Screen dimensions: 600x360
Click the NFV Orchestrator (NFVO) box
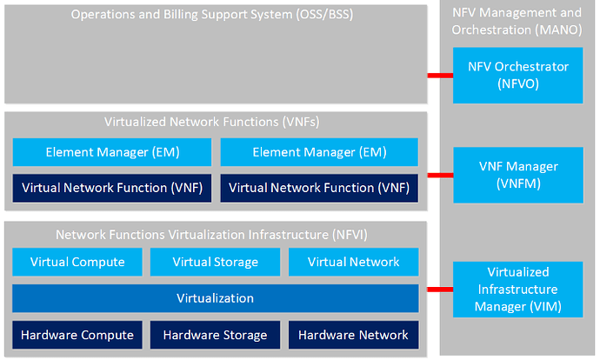click(517, 76)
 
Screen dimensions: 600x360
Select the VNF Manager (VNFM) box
click(518, 175)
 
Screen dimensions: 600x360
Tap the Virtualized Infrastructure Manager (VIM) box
click(517, 290)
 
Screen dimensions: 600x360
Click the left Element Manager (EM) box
click(111, 152)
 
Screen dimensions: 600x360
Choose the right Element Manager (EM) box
click(319, 152)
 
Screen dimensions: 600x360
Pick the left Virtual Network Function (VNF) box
click(111, 188)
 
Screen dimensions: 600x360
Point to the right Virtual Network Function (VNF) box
click(319, 188)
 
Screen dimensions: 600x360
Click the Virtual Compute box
click(77, 262)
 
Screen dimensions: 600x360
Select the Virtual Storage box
click(215, 262)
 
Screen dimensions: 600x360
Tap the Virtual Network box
click(354, 262)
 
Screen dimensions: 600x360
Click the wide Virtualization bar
click(216, 298)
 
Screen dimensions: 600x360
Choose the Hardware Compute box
click(77, 335)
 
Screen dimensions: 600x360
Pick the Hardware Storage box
click(215, 335)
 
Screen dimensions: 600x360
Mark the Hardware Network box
click(354, 335)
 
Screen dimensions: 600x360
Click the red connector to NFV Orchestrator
click(440, 76)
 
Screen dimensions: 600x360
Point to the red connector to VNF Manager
click(440, 176)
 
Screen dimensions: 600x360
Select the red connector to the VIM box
click(440, 290)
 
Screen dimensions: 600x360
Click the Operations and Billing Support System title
click(212, 15)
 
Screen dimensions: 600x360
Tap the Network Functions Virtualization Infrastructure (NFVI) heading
click(211, 235)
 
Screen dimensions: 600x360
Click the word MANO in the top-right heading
click(560, 30)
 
